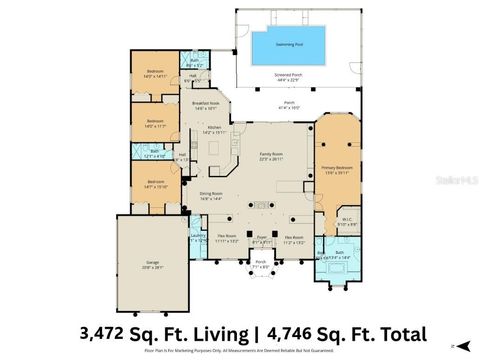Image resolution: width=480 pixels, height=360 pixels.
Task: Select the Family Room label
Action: pyautogui.click(x=272, y=154)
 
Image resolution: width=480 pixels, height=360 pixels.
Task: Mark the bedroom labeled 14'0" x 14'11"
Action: pyautogui.click(x=155, y=73)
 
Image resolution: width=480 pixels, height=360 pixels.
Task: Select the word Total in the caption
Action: pyautogui.click(x=395, y=333)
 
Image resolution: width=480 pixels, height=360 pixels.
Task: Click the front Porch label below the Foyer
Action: pyautogui.click(x=260, y=265)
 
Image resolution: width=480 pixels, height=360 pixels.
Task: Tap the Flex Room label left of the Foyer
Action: pyautogui.click(x=226, y=238)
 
